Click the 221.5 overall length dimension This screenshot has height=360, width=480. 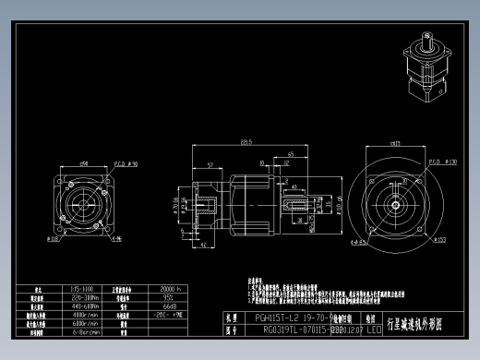[246, 142]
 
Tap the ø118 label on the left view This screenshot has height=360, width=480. [52, 238]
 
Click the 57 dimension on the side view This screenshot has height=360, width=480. [211, 163]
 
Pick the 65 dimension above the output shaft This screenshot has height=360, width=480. [291, 153]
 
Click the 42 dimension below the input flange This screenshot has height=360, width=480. [203, 246]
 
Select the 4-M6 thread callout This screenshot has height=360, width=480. [115, 238]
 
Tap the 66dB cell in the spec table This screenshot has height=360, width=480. [170, 306]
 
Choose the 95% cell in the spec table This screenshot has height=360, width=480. [168, 297]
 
